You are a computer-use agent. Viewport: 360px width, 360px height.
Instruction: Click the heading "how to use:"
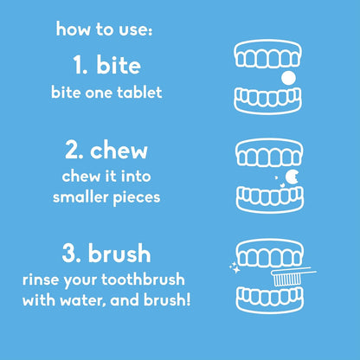pyautogui.click(x=104, y=31)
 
